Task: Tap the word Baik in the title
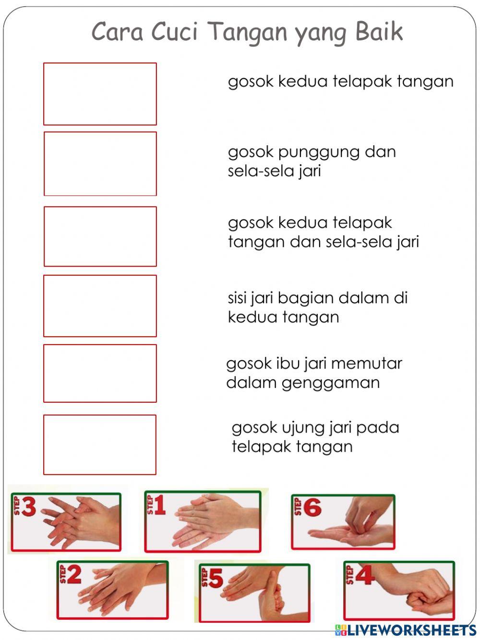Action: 379,32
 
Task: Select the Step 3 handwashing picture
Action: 65,522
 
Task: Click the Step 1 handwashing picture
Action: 203,521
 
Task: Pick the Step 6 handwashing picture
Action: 343,522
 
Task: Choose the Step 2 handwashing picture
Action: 113,590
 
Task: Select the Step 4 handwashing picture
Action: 399,591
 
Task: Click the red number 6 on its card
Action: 312,508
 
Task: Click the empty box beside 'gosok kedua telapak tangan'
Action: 100,94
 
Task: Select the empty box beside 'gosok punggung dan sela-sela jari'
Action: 100,164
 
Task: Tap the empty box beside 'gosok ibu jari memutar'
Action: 100,373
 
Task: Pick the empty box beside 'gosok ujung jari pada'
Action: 100,444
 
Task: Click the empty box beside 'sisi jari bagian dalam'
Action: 100,306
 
